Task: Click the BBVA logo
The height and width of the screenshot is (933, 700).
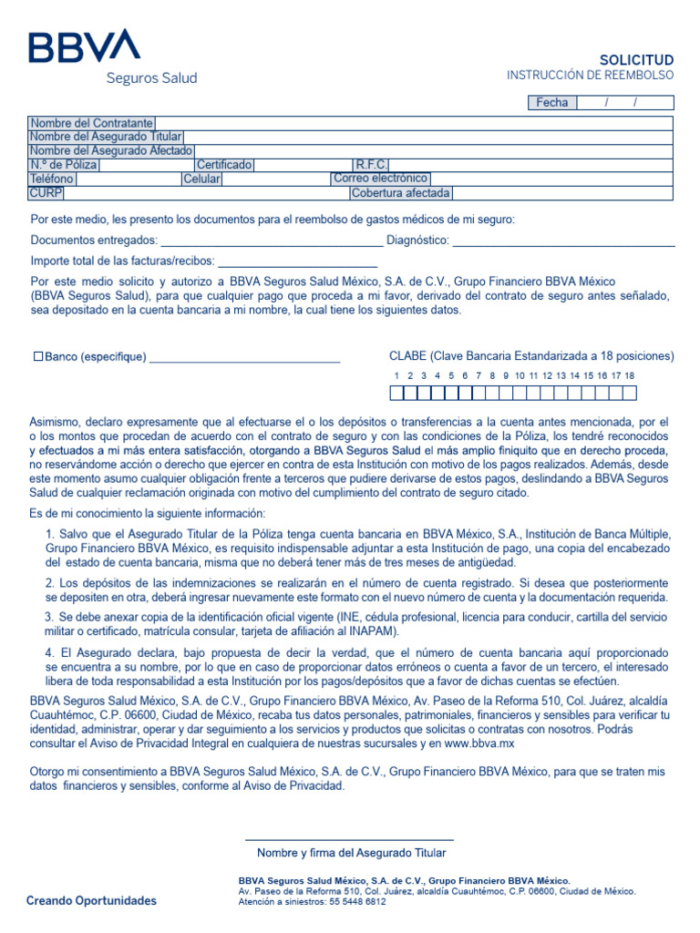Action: point(84,46)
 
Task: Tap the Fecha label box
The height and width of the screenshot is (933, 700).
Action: point(551,103)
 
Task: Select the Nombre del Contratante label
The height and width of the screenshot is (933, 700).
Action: point(91,123)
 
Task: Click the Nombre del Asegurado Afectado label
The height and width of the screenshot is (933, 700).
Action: point(110,150)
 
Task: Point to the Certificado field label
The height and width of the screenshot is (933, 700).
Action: point(224,165)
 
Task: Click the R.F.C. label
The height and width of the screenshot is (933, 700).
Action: point(372,165)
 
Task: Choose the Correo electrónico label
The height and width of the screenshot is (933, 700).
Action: point(380,179)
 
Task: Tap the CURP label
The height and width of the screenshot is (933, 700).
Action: point(46,193)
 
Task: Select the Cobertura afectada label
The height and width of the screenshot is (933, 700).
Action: point(401,193)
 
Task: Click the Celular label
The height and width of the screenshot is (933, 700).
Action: point(201,179)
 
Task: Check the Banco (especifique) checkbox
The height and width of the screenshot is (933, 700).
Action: point(38,356)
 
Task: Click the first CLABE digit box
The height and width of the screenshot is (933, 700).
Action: point(396,394)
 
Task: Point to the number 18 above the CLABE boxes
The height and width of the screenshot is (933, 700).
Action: point(629,375)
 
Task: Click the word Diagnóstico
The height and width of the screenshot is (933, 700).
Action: point(417,241)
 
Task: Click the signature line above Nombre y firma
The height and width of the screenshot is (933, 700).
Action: point(349,839)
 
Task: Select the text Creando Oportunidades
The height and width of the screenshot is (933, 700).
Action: point(91,901)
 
